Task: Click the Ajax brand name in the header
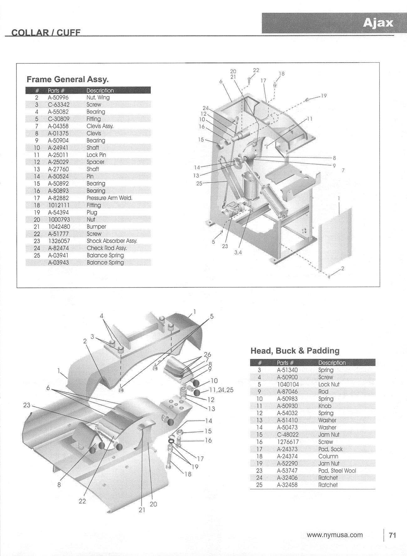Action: [x=378, y=23]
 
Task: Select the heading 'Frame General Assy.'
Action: [x=68, y=79]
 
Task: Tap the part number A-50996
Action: [x=58, y=98]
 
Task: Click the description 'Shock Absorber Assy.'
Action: [x=112, y=241]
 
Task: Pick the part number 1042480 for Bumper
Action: [x=59, y=227]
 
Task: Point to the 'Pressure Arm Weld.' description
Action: [x=109, y=198]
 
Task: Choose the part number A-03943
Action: [x=59, y=263]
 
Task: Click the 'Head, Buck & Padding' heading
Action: [x=295, y=351]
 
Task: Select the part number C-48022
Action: [x=288, y=435]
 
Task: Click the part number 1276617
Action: [x=288, y=442]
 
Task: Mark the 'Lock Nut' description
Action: [x=329, y=384]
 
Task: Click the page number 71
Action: [x=392, y=535]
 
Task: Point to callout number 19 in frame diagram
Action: [x=324, y=96]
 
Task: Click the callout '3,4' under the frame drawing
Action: [x=238, y=252]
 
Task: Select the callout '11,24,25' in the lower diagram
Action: [x=222, y=390]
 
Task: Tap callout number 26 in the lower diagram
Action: [x=207, y=355]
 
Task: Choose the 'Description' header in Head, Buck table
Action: [x=332, y=363]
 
